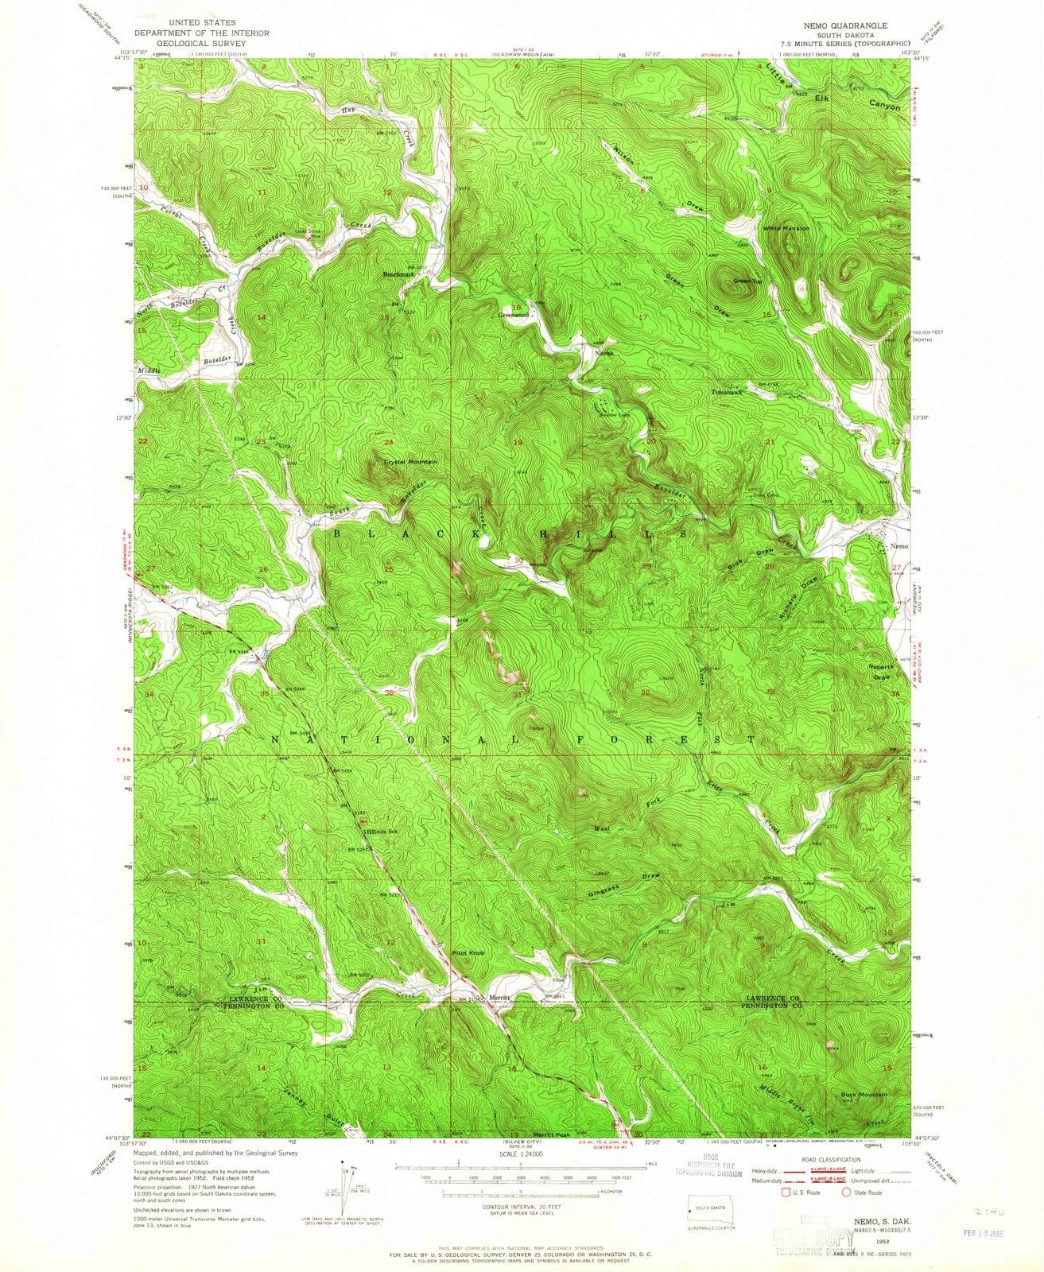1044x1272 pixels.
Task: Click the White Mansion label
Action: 786,228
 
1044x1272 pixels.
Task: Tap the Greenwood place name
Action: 513,315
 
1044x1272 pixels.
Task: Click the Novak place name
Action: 595,351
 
